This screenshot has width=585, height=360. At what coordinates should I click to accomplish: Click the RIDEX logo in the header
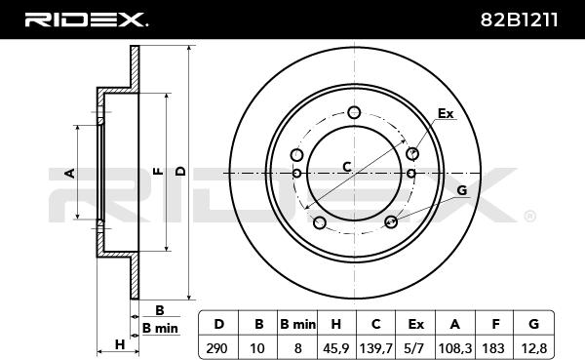click(86, 20)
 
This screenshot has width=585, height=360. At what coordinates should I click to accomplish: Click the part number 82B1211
click(519, 20)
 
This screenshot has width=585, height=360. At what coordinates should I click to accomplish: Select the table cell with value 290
click(216, 348)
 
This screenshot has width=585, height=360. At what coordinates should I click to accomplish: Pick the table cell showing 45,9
click(336, 348)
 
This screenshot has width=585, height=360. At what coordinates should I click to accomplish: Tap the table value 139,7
click(375, 348)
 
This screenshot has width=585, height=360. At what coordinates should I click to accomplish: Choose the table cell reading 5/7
click(415, 348)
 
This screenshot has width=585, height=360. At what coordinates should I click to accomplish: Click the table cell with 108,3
click(455, 348)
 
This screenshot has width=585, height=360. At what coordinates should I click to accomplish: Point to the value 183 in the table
click(494, 348)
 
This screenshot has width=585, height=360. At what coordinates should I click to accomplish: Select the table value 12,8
click(534, 348)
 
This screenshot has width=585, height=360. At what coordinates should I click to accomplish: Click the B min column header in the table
click(297, 324)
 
